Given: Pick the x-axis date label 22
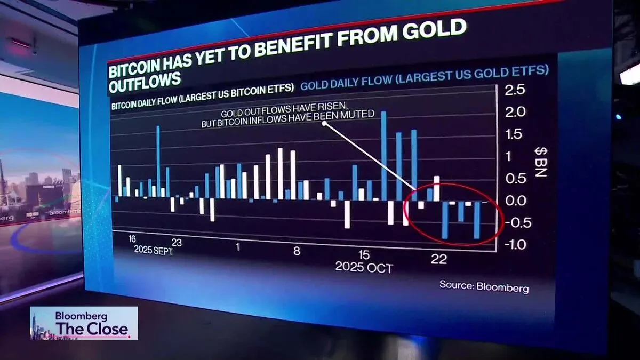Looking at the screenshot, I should pos(438,259).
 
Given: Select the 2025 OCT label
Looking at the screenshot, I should pos(364,267).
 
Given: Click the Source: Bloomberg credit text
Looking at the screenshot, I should pos(484,286).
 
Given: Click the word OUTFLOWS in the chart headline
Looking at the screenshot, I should pos(144,79).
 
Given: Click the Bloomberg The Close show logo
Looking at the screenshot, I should pos(84,323).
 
